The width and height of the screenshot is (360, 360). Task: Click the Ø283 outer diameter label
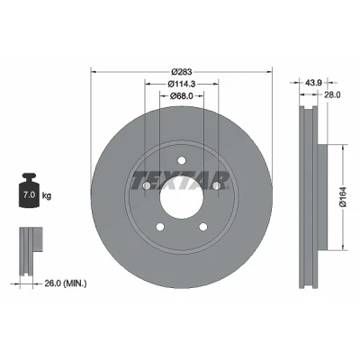[x=182, y=72]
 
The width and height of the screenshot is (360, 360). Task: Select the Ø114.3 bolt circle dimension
[x=182, y=84]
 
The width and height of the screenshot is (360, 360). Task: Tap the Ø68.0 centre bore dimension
[x=182, y=96]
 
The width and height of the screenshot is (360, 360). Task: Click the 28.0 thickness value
[x=332, y=95]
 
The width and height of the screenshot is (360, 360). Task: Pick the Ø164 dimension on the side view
[x=343, y=197]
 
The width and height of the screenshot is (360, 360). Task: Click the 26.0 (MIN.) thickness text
[x=66, y=283]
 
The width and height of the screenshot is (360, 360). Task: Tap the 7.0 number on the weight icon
[x=29, y=195]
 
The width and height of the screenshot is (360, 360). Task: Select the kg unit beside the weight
[x=47, y=196]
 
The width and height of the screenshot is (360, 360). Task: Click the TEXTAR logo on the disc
[x=181, y=181]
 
